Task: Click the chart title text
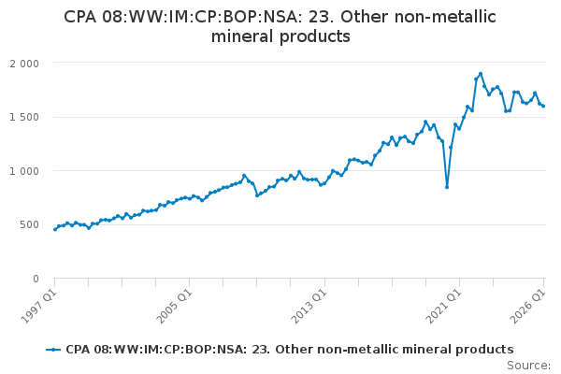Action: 280,26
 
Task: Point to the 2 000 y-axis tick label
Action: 24,64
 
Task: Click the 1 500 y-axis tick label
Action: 24,118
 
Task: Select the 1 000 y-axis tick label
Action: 24,171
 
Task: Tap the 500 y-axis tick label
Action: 30,224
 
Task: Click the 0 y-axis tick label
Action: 36,279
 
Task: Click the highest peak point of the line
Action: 481,74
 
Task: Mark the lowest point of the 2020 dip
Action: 447,187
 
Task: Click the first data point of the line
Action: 55,229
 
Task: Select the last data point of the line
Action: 543,106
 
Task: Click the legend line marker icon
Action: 53,350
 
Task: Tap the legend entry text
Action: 290,350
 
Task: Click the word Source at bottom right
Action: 528,366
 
